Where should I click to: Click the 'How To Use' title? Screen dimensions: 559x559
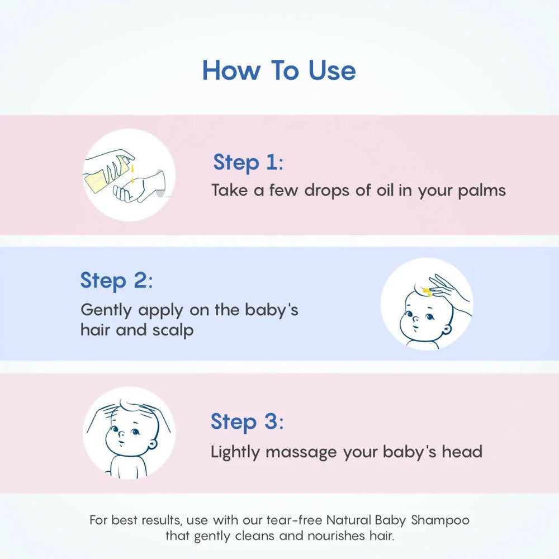[x=279, y=70]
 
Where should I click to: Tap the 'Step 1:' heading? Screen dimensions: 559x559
[x=248, y=163]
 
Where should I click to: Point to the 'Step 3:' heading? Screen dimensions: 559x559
[x=247, y=421]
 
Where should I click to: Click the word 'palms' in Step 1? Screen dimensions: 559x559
[x=482, y=191]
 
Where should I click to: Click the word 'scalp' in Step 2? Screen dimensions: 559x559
[x=173, y=330]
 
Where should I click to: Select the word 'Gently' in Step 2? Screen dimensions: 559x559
[x=106, y=310]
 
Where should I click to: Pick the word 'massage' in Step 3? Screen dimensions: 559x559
[x=301, y=452]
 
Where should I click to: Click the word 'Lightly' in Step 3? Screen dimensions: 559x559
[x=235, y=452]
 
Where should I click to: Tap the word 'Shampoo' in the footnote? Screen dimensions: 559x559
[x=440, y=520]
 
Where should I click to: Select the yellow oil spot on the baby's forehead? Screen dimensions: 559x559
[x=427, y=292]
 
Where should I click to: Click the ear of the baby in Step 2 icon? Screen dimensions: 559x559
[x=447, y=329]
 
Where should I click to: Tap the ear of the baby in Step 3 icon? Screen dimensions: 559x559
[x=152, y=446]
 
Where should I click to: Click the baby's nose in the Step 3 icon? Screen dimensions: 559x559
[x=121, y=434]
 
